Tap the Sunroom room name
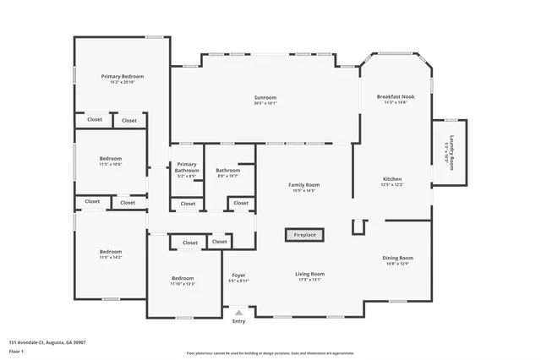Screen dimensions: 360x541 [x=265, y=100]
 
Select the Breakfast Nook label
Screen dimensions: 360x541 [x=396, y=99]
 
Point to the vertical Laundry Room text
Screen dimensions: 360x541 [x=451, y=153]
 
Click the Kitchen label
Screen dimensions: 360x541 [x=392, y=181]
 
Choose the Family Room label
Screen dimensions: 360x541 [x=303, y=187]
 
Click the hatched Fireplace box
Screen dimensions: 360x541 [x=304, y=235]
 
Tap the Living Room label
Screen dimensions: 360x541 [x=309, y=275]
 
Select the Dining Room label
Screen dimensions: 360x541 [x=397, y=259]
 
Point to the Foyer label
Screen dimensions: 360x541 [x=238, y=277]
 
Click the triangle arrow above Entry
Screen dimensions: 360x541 [x=238, y=313]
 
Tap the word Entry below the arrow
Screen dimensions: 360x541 [x=238, y=320]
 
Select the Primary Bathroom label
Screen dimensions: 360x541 [x=187, y=169]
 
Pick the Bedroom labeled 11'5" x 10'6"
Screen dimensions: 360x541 [x=111, y=161]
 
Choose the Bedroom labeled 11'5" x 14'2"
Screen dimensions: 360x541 [x=111, y=254]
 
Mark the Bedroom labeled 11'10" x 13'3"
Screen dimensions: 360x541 [x=183, y=281]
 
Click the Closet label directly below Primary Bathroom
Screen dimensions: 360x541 [x=188, y=204]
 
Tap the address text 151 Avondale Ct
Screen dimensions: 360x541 [x=46, y=342]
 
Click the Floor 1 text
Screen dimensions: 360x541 [x=16, y=351]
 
